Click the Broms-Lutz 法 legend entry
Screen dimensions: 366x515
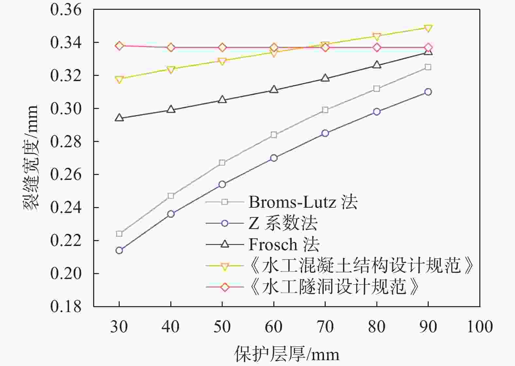[303, 202]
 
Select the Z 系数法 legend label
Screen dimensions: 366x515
[283, 223]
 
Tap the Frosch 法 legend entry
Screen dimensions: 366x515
[284, 244]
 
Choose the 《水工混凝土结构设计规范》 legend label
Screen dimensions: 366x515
[361, 266]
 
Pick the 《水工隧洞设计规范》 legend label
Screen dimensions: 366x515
[334, 287]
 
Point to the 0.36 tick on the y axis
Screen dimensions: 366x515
[66, 10]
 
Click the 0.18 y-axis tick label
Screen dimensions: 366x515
[66, 306]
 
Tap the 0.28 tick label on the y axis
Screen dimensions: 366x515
[66, 142]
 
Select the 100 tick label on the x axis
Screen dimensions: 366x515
[480, 327]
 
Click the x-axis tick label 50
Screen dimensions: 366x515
[222, 327]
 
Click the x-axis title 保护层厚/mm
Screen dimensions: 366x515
[287, 354]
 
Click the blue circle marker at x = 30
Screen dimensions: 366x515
[119, 251]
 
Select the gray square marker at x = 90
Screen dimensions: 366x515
[428, 67]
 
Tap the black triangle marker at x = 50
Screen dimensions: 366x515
[222, 99]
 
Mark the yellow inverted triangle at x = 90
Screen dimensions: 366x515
[428, 28]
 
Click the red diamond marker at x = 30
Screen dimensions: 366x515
[119, 46]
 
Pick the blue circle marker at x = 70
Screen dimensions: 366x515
[325, 133]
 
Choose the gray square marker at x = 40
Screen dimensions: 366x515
[171, 196]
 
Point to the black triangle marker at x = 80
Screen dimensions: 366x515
[377, 65]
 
